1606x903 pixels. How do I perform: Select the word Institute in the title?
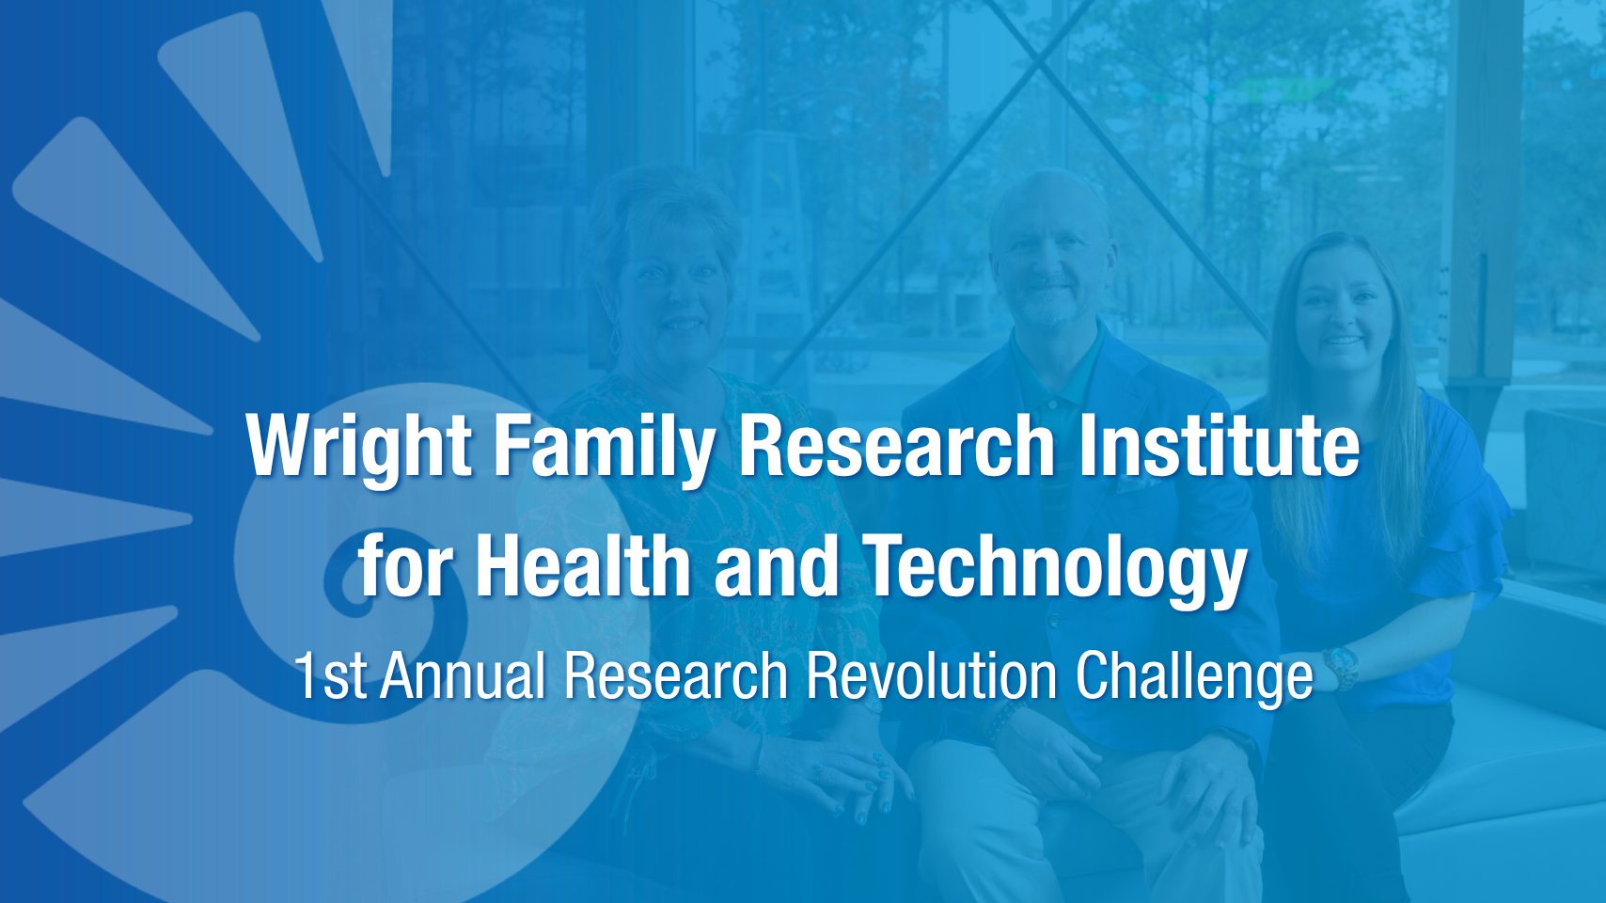[x=1219, y=445]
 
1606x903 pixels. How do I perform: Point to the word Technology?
[x=1055, y=570]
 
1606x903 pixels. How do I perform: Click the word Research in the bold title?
[x=896, y=445]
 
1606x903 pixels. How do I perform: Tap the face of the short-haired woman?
[x=670, y=294]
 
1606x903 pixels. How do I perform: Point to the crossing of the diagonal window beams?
[x=1037, y=66]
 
